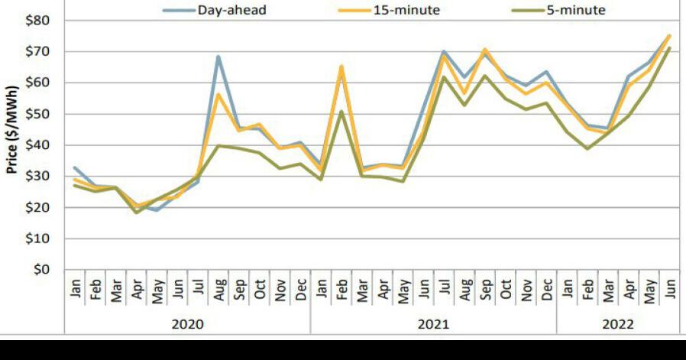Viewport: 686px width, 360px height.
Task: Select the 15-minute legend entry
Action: tap(415, 11)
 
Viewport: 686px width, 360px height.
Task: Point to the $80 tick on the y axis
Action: tap(37, 20)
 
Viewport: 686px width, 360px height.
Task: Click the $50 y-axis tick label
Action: tap(37, 114)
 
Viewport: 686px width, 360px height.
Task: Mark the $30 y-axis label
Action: tap(37, 177)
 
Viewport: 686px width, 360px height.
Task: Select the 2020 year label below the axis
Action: tap(187, 324)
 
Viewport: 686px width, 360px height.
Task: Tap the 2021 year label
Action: tap(433, 324)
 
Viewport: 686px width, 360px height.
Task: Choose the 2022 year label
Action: tap(617, 324)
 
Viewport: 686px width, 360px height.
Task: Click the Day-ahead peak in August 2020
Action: tap(218, 56)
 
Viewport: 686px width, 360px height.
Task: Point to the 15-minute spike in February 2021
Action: tap(341, 66)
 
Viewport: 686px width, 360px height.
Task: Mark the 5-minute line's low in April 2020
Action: tap(137, 212)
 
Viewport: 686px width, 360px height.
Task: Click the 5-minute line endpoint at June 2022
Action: tap(669, 48)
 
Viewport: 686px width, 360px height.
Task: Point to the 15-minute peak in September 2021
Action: tap(484, 50)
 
